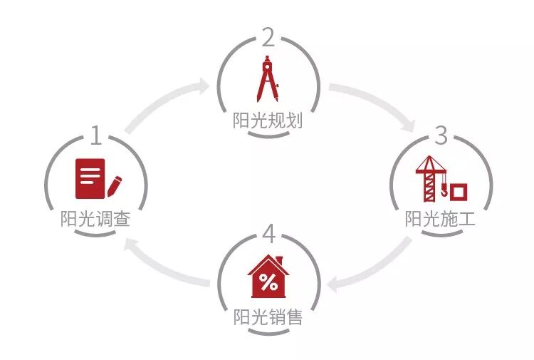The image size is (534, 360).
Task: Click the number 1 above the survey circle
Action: [95, 135]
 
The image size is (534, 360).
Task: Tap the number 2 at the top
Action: [268, 37]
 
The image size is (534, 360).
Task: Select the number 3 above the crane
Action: [441, 135]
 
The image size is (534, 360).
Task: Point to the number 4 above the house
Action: [268, 233]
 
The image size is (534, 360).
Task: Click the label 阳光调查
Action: [95, 219]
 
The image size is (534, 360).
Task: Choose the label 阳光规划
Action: [268, 120]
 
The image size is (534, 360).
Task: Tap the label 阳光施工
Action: [440, 219]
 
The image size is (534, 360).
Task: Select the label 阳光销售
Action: [268, 317]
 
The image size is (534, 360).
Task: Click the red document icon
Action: [90, 178]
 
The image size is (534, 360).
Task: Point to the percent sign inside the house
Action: [268, 282]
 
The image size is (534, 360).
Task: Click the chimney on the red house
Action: [280, 260]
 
